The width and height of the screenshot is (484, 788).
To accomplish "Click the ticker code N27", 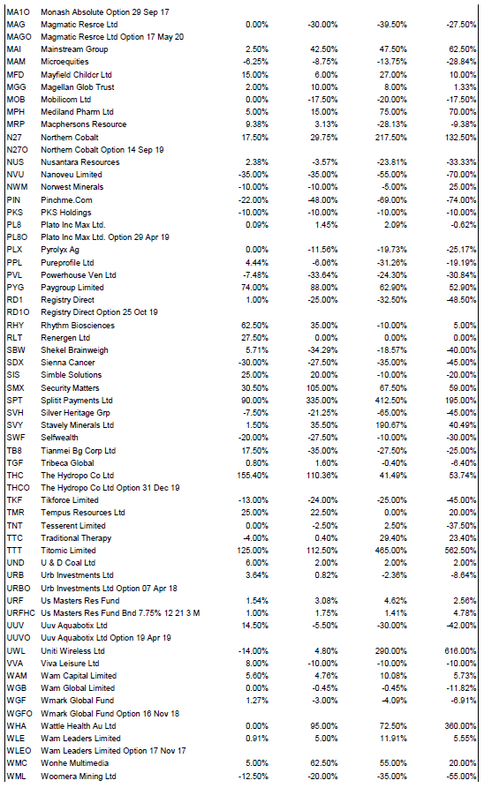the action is (14, 137).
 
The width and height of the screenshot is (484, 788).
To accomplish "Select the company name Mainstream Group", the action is (74, 49).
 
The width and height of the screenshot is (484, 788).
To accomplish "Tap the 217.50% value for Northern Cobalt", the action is (391, 137).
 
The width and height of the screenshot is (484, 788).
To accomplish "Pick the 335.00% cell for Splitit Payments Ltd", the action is (322, 401).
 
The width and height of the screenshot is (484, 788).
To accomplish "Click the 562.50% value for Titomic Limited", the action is (460, 551).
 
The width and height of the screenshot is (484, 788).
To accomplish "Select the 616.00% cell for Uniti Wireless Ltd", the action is (460, 651).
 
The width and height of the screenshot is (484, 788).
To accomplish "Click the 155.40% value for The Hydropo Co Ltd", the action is (253, 476).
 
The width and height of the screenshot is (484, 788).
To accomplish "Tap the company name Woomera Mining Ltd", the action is (79, 776).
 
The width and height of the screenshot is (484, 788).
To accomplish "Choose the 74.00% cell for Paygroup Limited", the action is (255, 288).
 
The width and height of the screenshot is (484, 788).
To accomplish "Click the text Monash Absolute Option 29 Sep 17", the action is (105, 12).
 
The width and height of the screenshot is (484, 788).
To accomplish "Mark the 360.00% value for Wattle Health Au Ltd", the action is (460, 725).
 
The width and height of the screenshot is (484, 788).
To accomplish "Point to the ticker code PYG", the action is (16, 288).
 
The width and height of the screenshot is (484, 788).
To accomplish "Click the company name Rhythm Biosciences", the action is (78, 325).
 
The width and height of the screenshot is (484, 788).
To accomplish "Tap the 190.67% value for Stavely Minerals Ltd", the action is (391, 425).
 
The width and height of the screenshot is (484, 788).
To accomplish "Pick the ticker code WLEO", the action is (19, 751).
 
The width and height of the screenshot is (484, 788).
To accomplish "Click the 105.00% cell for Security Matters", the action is (322, 388).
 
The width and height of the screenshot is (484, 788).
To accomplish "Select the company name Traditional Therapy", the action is (76, 537).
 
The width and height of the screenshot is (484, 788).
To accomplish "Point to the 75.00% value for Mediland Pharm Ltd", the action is (393, 112).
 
